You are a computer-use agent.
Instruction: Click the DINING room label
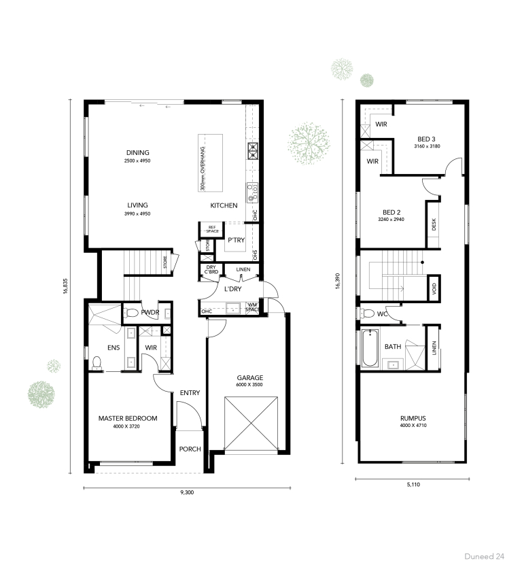point(137,153)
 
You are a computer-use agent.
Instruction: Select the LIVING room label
point(137,205)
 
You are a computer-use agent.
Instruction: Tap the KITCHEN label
point(223,205)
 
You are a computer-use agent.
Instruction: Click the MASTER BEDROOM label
point(128,418)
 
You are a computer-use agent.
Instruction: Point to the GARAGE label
point(250,378)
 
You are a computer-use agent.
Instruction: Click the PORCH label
point(190,449)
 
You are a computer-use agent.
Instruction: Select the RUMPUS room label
point(413,418)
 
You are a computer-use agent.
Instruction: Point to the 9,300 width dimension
point(187,492)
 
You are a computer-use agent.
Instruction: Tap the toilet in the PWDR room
point(132,313)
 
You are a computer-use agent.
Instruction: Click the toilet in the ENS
point(97,361)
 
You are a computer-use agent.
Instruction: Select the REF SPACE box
point(211,229)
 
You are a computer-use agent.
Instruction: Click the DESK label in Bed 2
point(434,224)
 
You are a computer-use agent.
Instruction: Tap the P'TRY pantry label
point(236,240)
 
